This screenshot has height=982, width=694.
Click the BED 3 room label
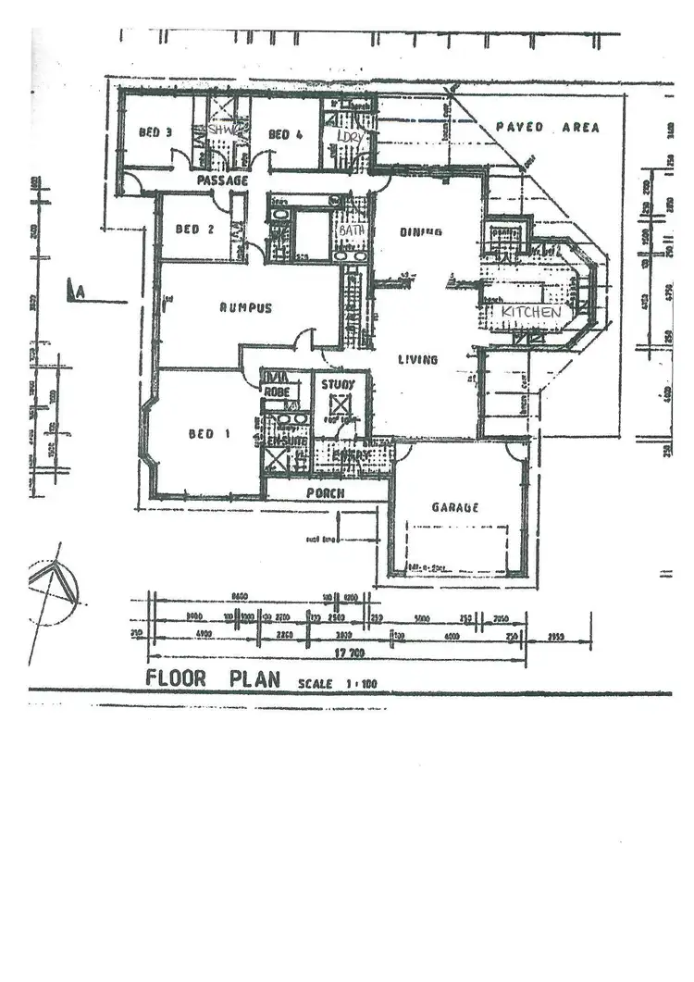click(155, 132)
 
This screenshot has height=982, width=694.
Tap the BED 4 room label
click(285, 134)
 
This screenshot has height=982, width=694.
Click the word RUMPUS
click(245, 308)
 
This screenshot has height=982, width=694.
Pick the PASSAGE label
click(222, 180)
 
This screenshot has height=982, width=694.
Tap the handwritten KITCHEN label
click(531, 313)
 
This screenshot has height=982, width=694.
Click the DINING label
click(420, 232)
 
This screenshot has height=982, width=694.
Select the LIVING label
click(417, 359)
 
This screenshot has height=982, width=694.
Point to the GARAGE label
click(454, 507)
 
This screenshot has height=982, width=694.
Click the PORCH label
click(325, 493)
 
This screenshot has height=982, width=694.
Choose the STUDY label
click(338, 384)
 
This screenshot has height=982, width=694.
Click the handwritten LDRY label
click(349, 135)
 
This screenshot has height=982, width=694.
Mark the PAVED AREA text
click(547, 128)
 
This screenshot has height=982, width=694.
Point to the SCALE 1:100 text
click(337, 684)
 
